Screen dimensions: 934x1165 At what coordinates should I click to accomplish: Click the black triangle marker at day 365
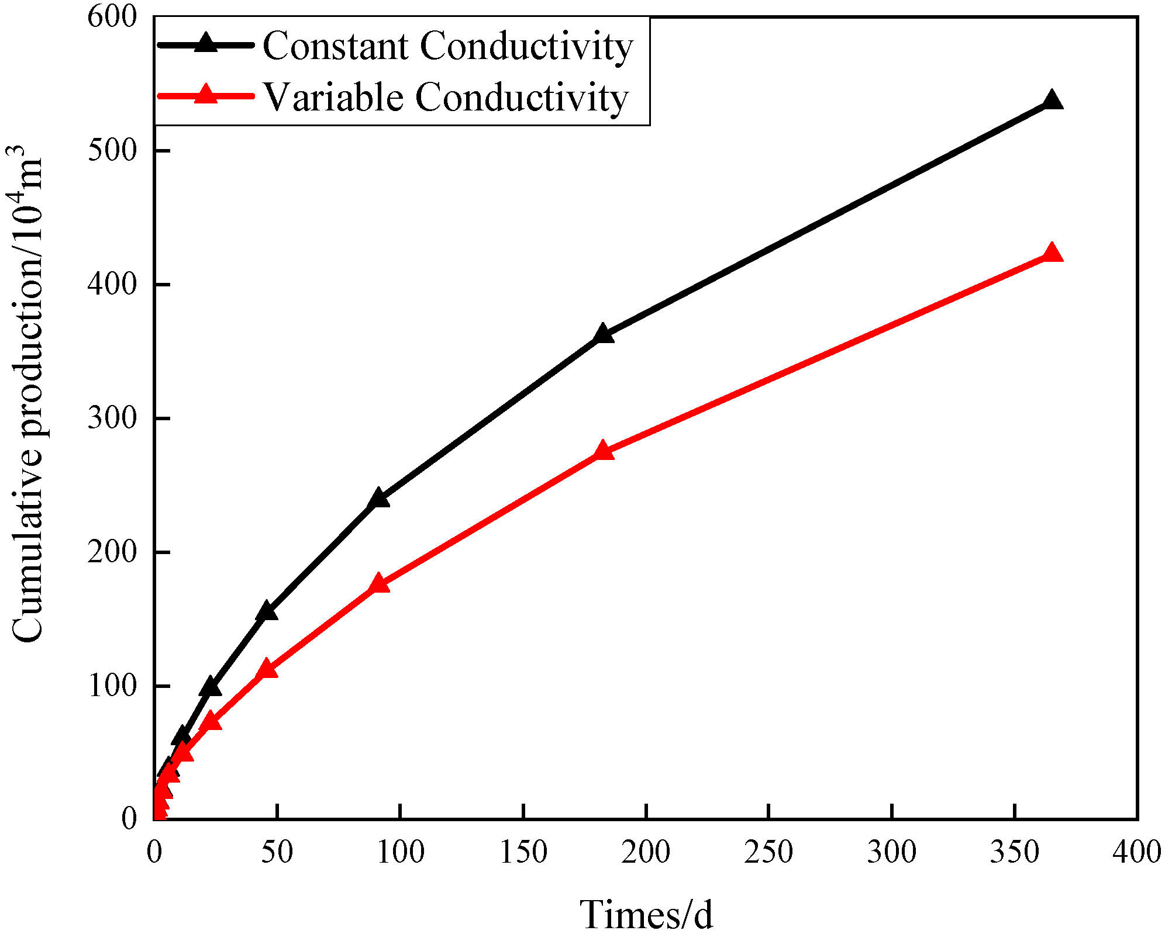tap(1052, 101)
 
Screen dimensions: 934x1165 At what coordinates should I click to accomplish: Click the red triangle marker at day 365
tap(1052, 253)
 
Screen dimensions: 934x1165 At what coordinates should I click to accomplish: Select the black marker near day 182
tap(602, 334)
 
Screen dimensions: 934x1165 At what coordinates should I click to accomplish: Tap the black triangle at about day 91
tap(378, 499)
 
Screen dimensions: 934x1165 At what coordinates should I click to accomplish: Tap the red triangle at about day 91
tap(378, 584)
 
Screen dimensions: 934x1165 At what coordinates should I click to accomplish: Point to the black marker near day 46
tap(267, 611)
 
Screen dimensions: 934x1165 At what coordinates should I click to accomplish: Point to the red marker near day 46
tap(267, 669)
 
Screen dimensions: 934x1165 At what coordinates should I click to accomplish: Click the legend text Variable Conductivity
tap(446, 97)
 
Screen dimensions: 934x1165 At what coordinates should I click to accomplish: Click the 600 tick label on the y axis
tap(112, 16)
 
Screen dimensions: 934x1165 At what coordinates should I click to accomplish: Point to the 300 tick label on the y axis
tap(112, 418)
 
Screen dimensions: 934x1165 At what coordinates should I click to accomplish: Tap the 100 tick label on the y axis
tap(112, 686)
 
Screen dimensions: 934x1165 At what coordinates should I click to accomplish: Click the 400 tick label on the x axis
tap(1136, 852)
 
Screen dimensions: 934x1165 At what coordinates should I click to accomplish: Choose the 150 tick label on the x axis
tap(523, 852)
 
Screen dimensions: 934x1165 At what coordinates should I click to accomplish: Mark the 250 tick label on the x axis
tap(768, 852)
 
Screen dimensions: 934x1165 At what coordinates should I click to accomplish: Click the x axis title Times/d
tap(646, 915)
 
